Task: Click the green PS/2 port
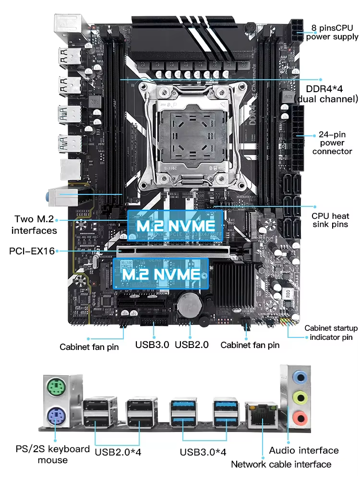tap(56, 387)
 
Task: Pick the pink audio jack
tap(300, 418)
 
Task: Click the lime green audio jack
tap(300, 397)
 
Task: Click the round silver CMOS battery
tap(190, 304)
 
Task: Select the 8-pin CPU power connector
tap(297, 31)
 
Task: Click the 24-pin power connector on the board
tap(298, 138)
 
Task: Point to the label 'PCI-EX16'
tap(32, 251)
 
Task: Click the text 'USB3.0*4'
tap(203, 452)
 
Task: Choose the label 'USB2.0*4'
tap(118, 452)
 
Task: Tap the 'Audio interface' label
tap(304, 450)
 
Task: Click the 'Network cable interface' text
tap(281, 464)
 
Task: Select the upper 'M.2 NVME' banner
tap(175, 226)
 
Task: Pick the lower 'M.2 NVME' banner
tap(161, 274)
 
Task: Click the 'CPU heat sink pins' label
tap(330, 220)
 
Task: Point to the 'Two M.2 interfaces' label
tap(34, 225)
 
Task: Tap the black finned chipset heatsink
tap(234, 286)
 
